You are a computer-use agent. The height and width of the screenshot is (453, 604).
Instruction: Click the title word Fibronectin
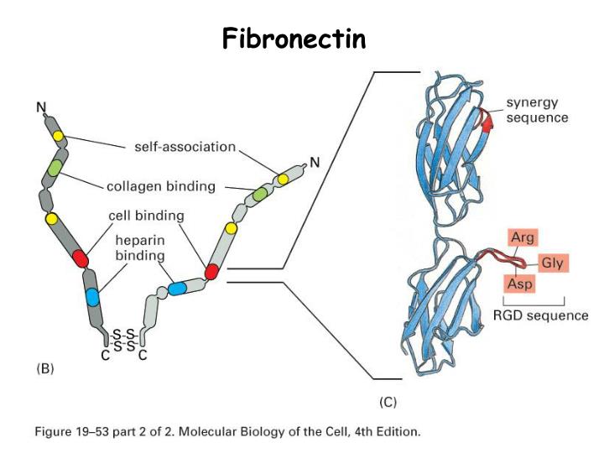[294, 38]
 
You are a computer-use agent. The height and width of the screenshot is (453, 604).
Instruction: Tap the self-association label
[185, 147]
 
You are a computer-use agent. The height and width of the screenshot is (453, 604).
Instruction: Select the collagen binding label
[161, 185]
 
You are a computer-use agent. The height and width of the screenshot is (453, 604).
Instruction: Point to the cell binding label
[147, 216]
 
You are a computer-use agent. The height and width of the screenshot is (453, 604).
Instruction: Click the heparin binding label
[139, 247]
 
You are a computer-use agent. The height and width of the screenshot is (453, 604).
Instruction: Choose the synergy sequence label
[537, 111]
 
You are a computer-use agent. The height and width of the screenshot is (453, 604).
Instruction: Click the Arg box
[522, 237]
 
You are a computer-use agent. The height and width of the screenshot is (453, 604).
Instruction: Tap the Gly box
[551, 263]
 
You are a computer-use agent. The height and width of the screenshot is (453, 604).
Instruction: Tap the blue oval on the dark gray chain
[92, 297]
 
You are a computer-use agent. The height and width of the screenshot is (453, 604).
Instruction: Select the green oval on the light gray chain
[260, 195]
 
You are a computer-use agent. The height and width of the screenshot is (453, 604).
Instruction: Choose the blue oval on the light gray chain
[177, 288]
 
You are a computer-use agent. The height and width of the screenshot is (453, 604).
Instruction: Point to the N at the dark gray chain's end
[40, 107]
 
